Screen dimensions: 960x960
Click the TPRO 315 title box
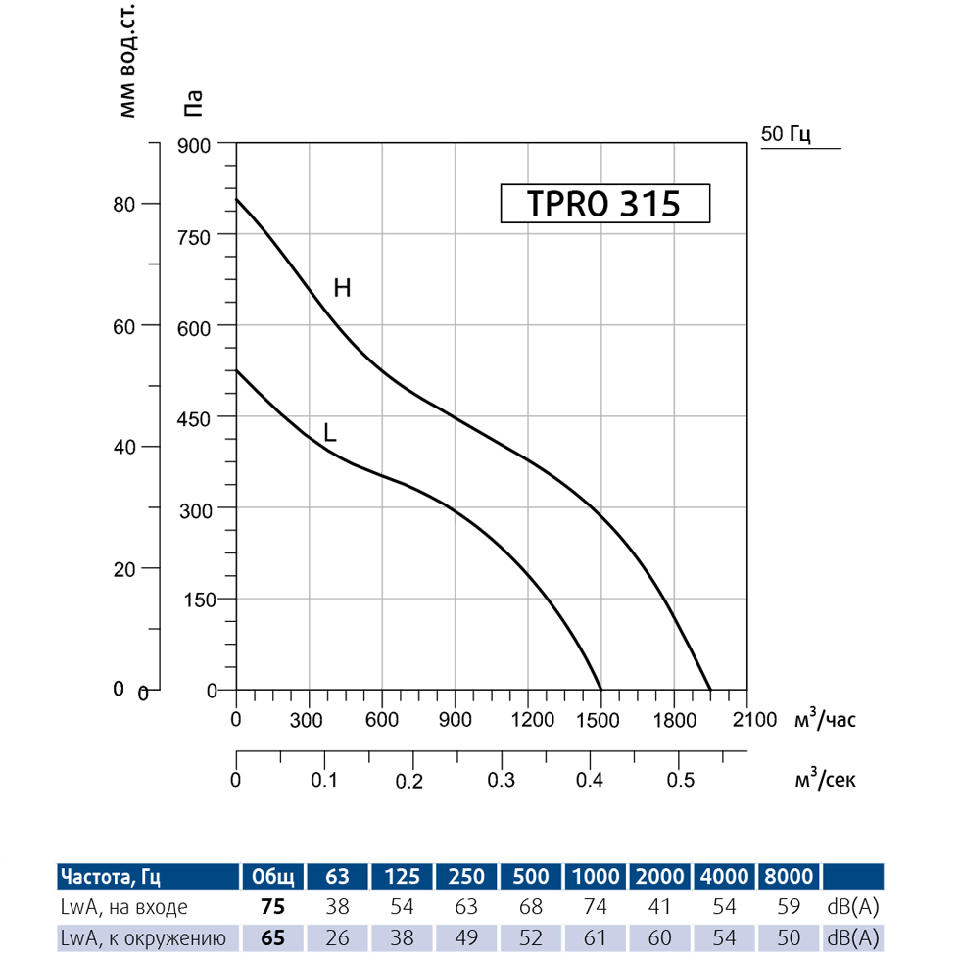603,204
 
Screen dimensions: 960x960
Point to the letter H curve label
342,288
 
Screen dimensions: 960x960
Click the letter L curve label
330,432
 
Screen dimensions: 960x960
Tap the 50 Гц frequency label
787,134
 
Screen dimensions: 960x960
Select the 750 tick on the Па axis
199,235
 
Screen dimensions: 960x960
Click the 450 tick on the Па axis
199,417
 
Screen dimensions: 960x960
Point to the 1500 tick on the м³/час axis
600,720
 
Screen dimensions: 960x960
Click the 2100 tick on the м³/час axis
747,720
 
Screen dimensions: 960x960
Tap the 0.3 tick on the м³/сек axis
502,780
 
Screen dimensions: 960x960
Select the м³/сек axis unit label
825,779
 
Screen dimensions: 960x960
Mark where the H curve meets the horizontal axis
710,690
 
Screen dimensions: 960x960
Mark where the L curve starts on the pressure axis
236,370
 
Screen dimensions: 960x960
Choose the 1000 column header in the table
596,876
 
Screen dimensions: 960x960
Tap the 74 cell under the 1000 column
596,907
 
